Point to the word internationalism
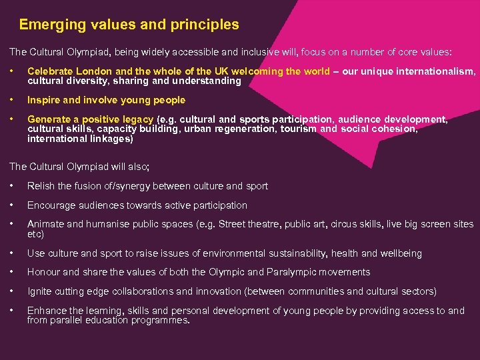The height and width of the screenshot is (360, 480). (437, 71)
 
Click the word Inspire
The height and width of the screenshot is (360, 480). (43, 100)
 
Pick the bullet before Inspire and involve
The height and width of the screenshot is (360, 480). (12, 100)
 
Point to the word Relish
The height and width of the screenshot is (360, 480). (41, 186)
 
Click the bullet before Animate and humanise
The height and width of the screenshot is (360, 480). (12, 225)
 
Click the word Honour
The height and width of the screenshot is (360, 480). (44, 272)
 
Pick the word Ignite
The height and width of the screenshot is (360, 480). (40, 291)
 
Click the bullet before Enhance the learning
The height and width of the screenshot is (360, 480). (12, 311)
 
